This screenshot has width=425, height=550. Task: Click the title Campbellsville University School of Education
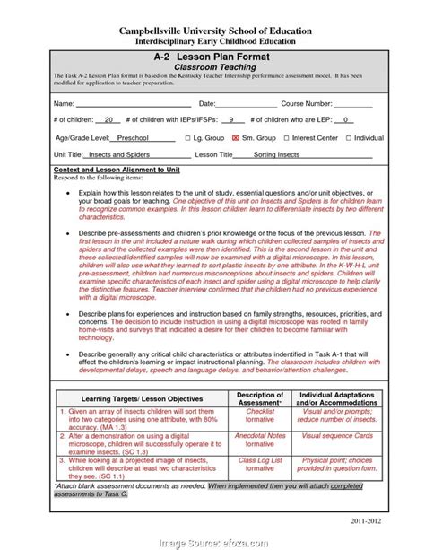coord(212,31)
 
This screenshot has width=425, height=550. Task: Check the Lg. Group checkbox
coord(187,139)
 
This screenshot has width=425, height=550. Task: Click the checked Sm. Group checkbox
coord(237,139)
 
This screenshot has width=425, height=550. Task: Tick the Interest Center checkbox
coord(286,139)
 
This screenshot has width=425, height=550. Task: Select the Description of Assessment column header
coord(259,398)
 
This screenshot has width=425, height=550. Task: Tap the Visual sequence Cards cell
coord(336,436)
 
